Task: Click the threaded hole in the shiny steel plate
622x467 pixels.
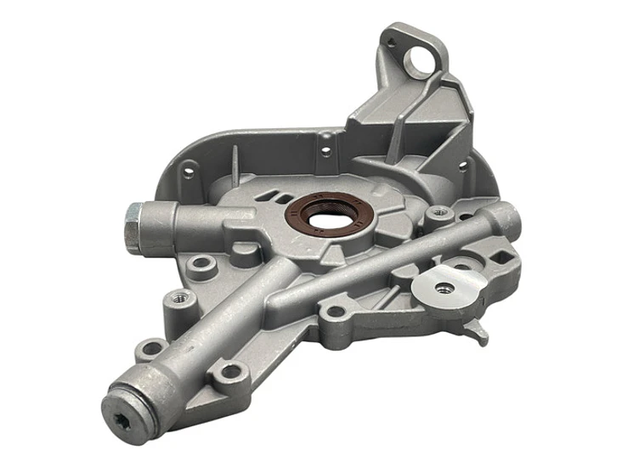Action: pos(443,288)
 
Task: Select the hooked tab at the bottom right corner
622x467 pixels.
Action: pos(482,333)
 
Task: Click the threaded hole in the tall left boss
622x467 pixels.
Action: pos(178,299)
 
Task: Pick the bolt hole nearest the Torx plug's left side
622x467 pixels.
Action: pos(151,348)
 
